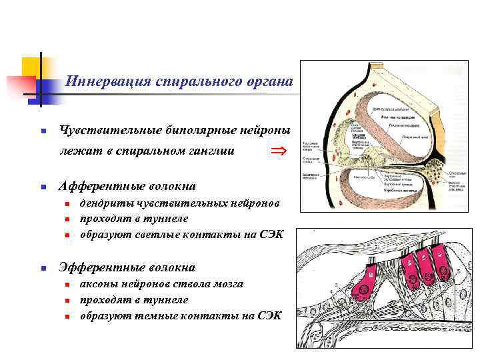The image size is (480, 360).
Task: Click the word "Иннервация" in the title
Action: (106, 82)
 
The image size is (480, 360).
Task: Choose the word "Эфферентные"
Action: (101, 267)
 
